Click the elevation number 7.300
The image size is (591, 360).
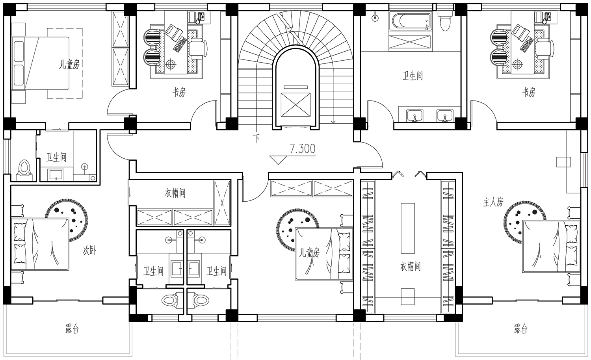pyautogui.click(x=303, y=149)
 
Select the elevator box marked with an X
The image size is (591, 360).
pyautogui.click(x=295, y=104)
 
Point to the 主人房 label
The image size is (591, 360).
pyautogui.click(x=493, y=202)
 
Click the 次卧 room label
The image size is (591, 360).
pyautogui.click(x=89, y=250)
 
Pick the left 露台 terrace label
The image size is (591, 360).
pyautogui.click(x=72, y=329)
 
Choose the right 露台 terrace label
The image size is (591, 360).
pyautogui.click(x=520, y=329)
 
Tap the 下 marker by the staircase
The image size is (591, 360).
pyautogui.click(x=256, y=139)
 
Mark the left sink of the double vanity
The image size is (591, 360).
pyautogui.click(x=415, y=116)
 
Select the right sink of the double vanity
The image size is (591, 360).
pyautogui.click(x=445, y=116)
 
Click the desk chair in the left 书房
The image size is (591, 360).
pyautogui.click(x=198, y=48)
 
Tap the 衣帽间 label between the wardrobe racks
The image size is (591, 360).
pyautogui.click(x=410, y=267)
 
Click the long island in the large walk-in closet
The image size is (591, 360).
pyautogui.click(x=408, y=228)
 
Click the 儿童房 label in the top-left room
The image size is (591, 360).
pyautogui.click(x=69, y=64)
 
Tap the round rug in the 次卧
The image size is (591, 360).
pyautogui.click(x=67, y=220)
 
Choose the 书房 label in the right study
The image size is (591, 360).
pyautogui.click(x=529, y=92)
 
